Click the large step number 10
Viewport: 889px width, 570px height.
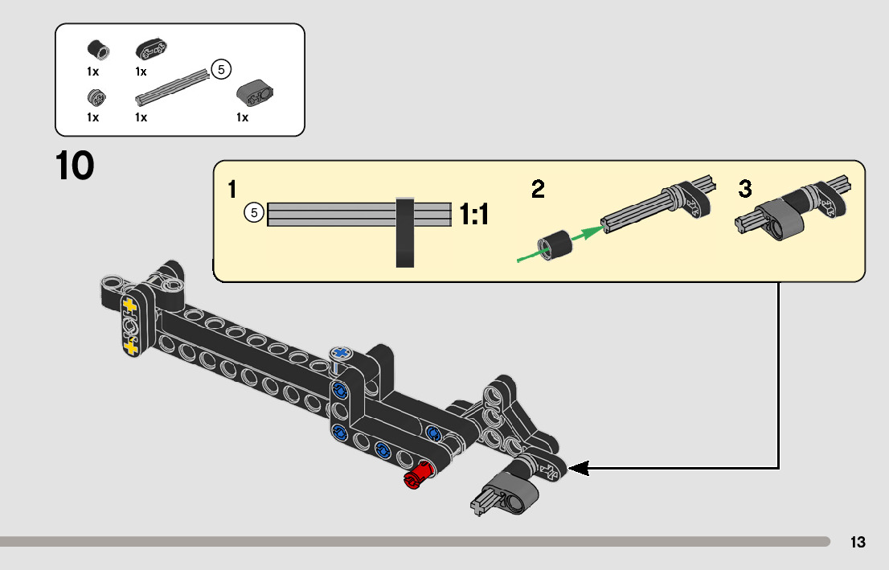(x=75, y=166)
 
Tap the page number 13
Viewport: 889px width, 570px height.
(x=858, y=543)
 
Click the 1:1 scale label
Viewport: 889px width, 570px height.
(x=474, y=215)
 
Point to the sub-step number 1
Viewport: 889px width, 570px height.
(x=232, y=190)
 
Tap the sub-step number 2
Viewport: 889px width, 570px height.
(x=538, y=190)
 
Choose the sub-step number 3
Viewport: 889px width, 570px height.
(x=745, y=190)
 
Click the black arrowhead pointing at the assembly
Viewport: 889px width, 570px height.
(x=579, y=467)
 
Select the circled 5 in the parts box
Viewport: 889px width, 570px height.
(x=220, y=69)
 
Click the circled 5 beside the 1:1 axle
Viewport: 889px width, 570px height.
(x=254, y=214)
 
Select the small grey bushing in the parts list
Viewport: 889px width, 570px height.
(x=93, y=99)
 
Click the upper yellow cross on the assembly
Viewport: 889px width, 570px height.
(x=130, y=306)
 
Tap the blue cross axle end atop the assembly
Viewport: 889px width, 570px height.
(x=341, y=353)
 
